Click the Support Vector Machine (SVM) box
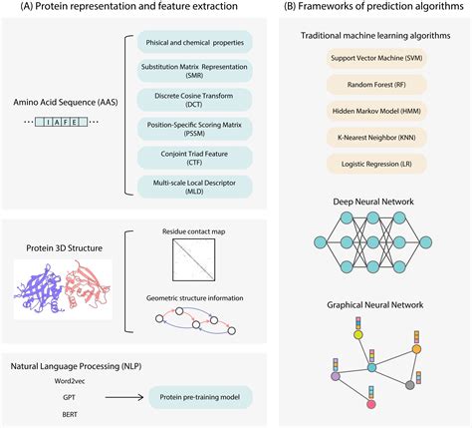coord(376,58)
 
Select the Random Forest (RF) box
coord(376,85)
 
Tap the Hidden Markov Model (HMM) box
coord(376,111)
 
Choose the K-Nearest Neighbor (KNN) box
coord(376,138)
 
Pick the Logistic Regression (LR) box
coord(376,164)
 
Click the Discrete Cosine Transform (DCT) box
coord(195,100)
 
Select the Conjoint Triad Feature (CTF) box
coord(195,158)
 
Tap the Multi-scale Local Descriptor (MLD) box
coord(195,187)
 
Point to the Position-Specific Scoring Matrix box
coord(195,129)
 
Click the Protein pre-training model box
coord(200,397)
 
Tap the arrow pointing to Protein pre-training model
coord(124,397)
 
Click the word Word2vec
coord(70,381)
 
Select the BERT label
coord(70,415)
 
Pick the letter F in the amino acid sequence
coord(66,122)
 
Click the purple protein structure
coord(39,288)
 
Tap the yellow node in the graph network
coord(358,335)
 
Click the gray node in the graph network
coord(410,385)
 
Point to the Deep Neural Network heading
coord(373,202)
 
